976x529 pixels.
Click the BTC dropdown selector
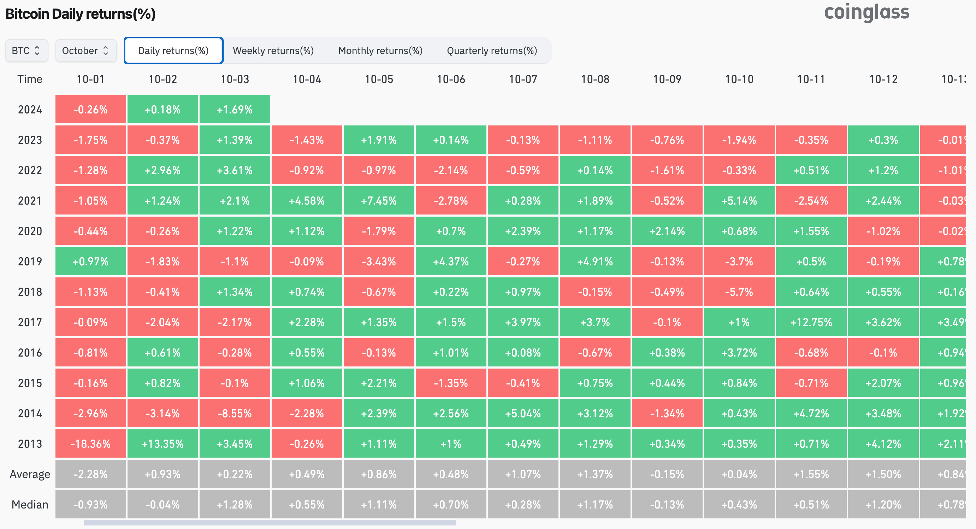tap(26, 51)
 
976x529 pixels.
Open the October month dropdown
tap(85, 51)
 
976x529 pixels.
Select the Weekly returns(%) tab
tap(273, 51)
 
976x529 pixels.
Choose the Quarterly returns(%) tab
tap(492, 51)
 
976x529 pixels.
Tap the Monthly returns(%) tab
tap(380, 51)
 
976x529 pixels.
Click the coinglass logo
tap(866, 12)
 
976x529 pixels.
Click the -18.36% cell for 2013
tap(90, 443)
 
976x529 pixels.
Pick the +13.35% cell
tap(162, 443)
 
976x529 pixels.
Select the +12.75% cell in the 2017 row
tap(811, 322)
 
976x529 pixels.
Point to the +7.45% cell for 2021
tap(379, 200)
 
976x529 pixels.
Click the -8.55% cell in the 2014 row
tap(235, 413)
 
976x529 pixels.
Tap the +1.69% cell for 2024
tap(235, 110)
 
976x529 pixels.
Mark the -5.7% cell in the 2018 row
tap(739, 292)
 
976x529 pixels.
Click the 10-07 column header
tap(523, 79)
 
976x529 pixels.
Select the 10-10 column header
tap(739, 79)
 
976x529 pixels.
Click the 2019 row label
tap(30, 261)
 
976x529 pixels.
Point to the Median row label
tap(30, 504)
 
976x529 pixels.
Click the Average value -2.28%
tap(90, 474)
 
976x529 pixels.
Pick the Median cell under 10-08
tap(595, 504)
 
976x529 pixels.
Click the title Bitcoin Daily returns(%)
tap(80, 14)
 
